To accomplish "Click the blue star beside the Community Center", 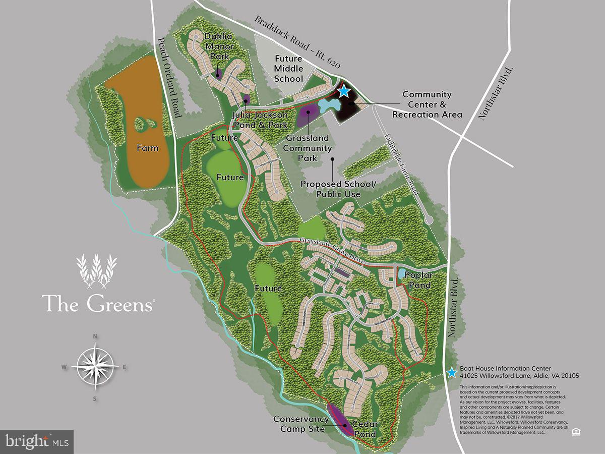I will pos(344,91).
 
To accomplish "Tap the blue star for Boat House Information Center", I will pos(452,373).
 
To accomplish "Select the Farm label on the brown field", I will pos(147,148).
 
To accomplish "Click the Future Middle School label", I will pos(289,69).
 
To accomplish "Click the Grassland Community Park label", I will pos(308,148).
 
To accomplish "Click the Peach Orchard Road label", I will pos(169,78).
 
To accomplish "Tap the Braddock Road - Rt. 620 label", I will pos(297,42).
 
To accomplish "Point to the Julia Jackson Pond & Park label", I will pos(260,120).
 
